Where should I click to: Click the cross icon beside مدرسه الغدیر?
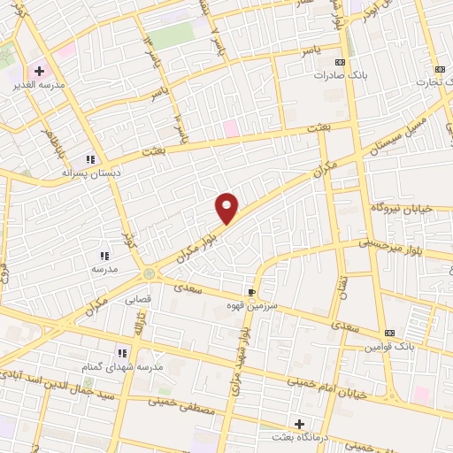click(x=39, y=70)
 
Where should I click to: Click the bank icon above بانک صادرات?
click(x=341, y=61)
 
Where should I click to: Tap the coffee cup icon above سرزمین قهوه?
click(x=251, y=291)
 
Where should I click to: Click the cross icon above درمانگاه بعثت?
click(x=298, y=423)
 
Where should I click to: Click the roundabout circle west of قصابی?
click(x=149, y=273)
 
